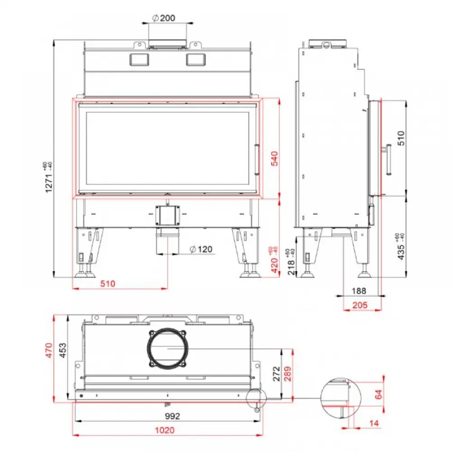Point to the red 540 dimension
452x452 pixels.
274,159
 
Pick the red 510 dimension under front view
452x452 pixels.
108,284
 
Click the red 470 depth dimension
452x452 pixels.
49,351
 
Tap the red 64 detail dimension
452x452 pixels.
378,395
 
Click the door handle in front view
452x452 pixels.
257,160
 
